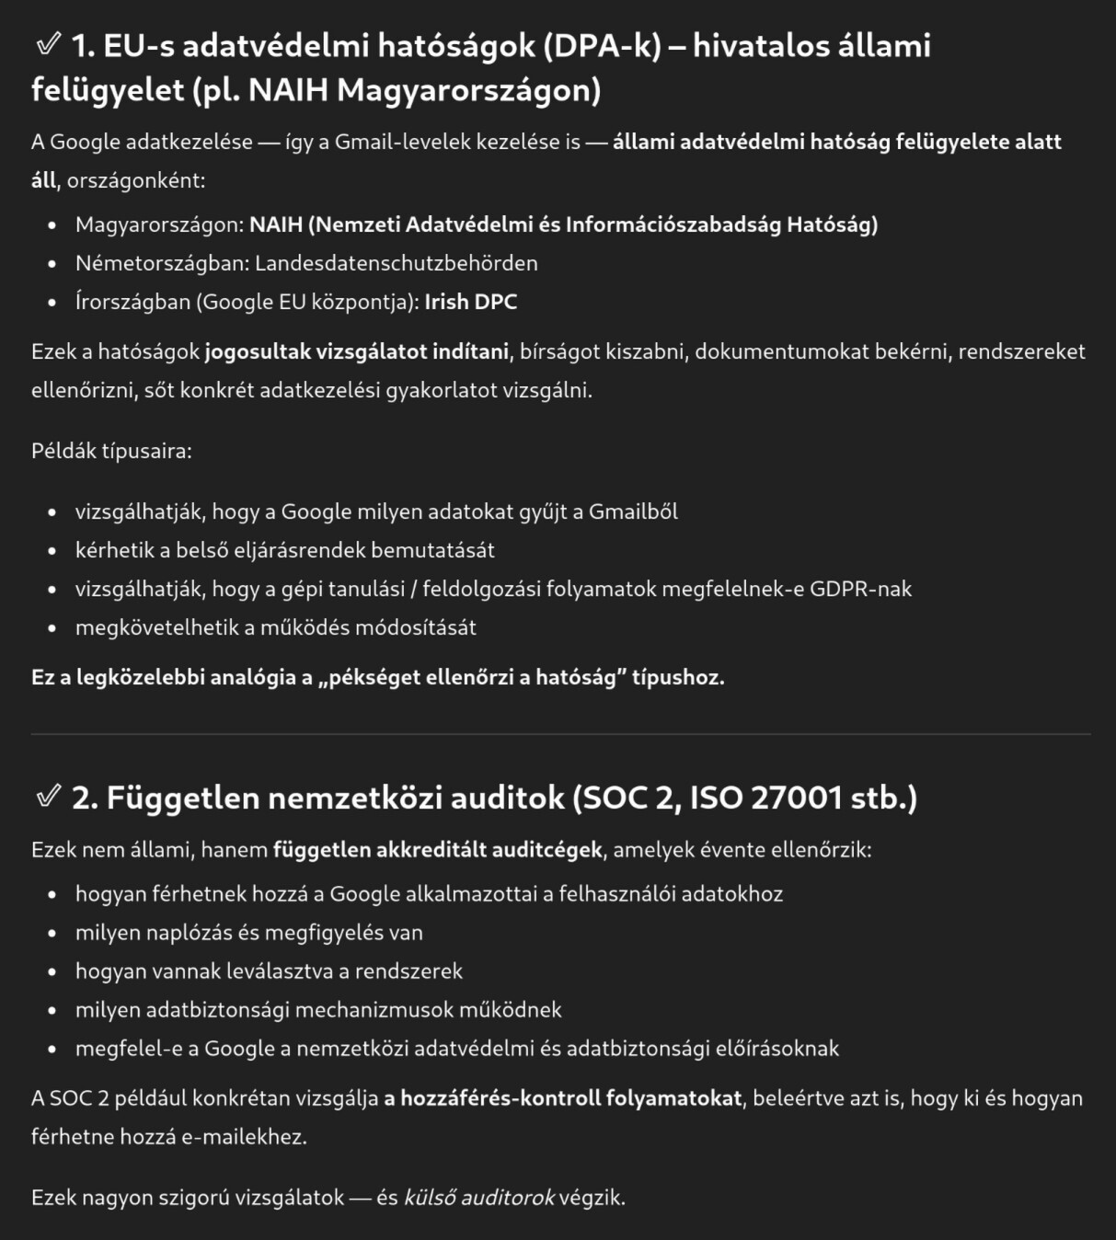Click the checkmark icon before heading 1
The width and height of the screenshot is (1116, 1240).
click(47, 44)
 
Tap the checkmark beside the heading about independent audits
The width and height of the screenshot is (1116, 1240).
click(47, 796)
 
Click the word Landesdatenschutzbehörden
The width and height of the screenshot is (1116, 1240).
click(396, 263)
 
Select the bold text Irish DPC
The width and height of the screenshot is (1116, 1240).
click(470, 302)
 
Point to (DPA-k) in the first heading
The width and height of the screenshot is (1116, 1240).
click(602, 46)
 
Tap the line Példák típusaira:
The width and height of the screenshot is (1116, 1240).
click(111, 451)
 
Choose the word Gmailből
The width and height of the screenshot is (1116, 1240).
click(633, 511)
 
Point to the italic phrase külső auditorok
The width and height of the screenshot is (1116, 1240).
click(478, 1198)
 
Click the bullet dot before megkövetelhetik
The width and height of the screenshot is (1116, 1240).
click(52, 628)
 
